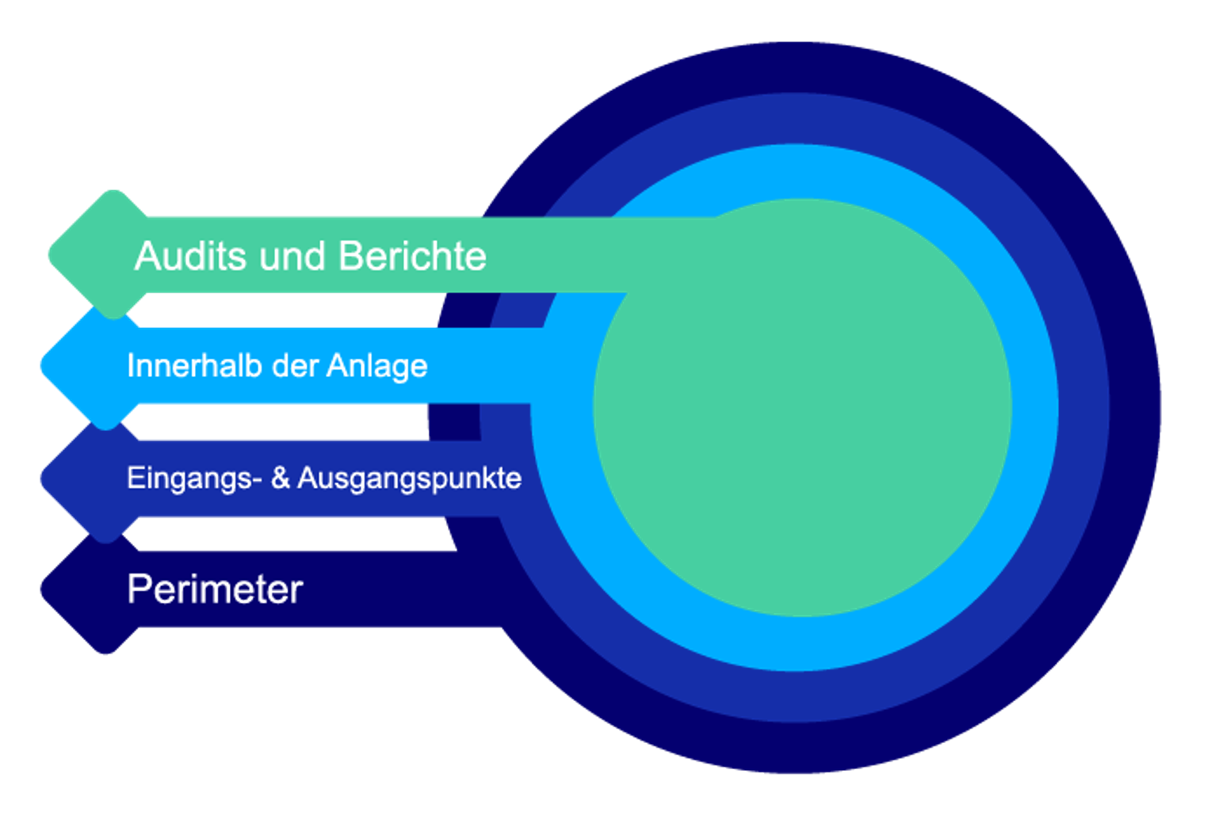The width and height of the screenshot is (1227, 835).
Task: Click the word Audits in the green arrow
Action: click(x=190, y=256)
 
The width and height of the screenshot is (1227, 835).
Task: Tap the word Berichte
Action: click(x=412, y=256)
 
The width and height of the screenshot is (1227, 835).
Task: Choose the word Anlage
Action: click(x=377, y=367)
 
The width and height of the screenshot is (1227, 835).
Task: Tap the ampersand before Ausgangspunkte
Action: click(x=281, y=478)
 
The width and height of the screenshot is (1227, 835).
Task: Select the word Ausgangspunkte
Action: click(x=409, y=479)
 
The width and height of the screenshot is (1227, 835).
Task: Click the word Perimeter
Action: click(x=215, y=589)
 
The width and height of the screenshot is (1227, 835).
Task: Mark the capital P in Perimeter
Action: click(x=138, y=589)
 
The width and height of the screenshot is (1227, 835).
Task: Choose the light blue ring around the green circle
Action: click(x=1034, y=407)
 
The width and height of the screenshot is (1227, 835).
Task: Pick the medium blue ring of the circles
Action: click(x=1084, y=409)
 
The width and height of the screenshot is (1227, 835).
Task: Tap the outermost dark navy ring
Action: click(x=1135, y=409)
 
